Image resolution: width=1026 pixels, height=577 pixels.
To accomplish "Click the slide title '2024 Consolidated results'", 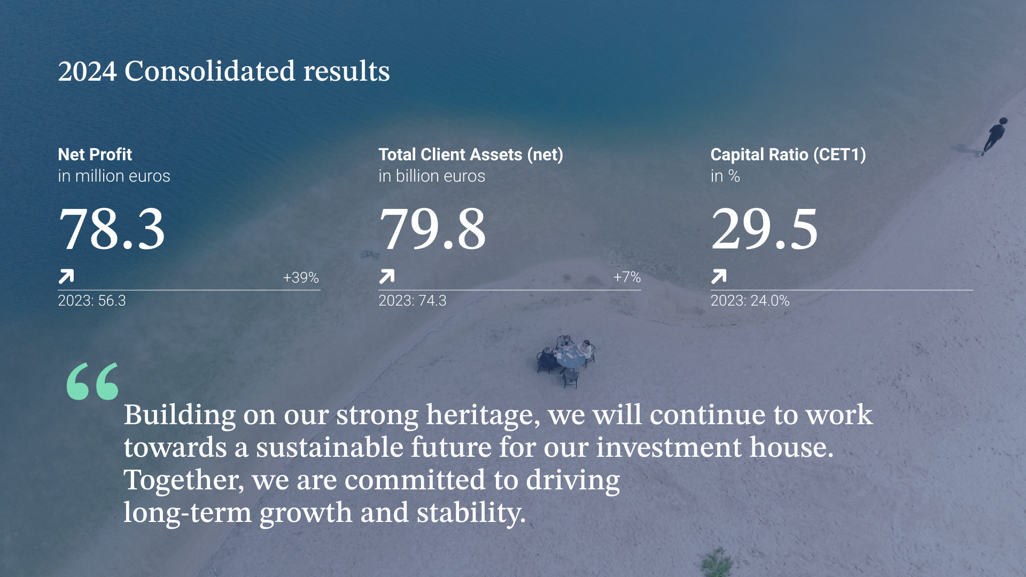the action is point(224,72).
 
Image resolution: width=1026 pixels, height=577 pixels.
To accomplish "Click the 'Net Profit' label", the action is point(95,154).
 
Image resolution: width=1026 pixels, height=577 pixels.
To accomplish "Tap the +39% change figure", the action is point(301,277).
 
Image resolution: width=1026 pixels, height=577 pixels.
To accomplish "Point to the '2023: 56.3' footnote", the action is point(92,300).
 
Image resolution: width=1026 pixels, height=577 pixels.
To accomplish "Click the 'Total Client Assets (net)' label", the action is point(471,155).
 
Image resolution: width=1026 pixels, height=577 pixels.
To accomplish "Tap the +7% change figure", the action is point(627,277).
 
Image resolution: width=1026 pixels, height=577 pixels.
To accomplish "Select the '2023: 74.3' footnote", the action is point(413,300).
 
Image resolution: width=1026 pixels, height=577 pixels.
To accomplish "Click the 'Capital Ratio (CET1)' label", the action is point(788,155).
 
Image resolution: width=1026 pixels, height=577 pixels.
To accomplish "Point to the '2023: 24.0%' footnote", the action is point(750,300).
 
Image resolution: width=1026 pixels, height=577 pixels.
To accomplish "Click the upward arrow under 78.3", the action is point(66,276).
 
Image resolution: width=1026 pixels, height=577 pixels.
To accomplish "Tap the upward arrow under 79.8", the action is point(387,276).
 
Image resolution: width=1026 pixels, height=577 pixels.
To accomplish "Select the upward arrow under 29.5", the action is point(719,276).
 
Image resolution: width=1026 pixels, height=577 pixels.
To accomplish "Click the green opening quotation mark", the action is point(92,381).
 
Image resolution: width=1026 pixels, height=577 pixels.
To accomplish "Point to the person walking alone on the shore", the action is point(994,136).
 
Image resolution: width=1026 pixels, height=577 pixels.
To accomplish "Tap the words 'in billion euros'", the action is point(432,176).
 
